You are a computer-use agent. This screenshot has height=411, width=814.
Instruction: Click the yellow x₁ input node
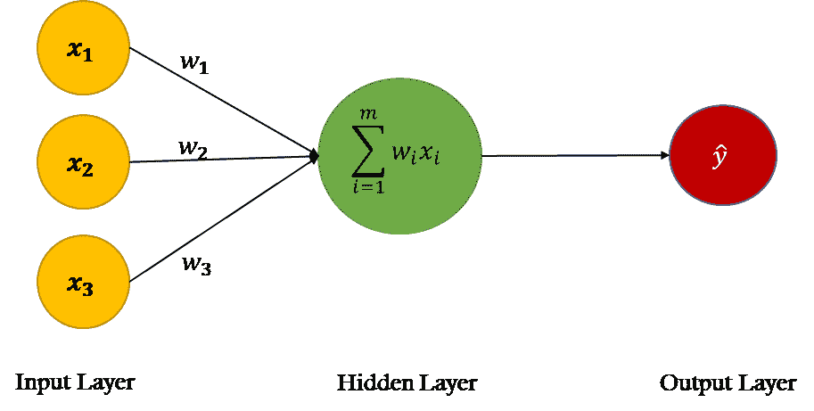coord(83,51)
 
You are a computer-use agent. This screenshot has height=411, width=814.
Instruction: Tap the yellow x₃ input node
coord(83,284)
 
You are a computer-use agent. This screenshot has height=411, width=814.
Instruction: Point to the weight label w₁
coord(194,65)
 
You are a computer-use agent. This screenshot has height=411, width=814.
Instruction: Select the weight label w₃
coord(196,266)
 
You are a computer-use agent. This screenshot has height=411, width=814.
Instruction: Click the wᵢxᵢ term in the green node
coord(416,155)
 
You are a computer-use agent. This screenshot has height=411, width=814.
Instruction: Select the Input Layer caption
coord(75,383)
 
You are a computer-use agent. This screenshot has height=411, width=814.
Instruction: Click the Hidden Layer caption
coord(407,384)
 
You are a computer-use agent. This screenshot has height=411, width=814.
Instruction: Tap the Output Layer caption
coord(728,384)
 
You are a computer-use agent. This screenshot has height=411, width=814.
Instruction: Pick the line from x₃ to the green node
coord(223,220)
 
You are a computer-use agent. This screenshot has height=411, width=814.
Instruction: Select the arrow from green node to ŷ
coord(571,156)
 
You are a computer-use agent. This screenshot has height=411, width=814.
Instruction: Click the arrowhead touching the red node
coord(665,156)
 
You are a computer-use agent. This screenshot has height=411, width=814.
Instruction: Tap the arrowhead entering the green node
coord(314,157)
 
